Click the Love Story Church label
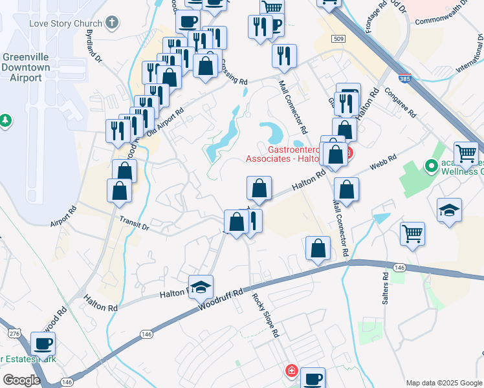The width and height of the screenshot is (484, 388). (65, 24)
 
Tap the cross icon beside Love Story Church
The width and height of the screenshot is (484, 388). (113, 23)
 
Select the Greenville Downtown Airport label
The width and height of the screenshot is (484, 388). (26, 67)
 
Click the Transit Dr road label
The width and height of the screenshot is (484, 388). (134, 223)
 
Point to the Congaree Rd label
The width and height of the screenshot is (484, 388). (403, 103)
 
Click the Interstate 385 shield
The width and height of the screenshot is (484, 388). (404, 78)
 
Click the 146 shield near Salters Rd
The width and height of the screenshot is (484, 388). (399, 267)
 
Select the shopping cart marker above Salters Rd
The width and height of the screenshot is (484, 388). (412, 233)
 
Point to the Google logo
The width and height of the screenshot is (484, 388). (21, 380)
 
